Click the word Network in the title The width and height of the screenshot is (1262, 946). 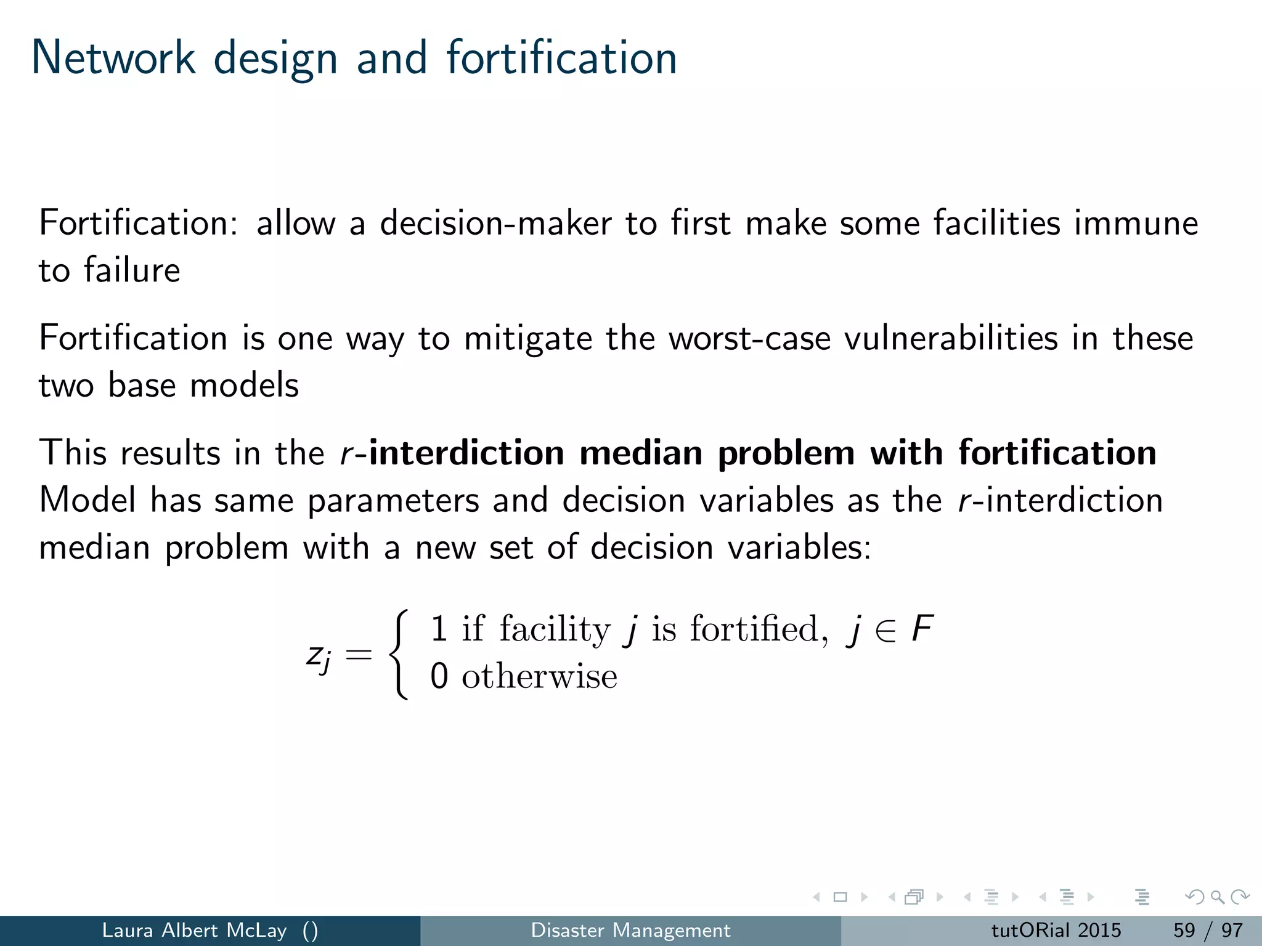(113, 58)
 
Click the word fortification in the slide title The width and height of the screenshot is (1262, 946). (561, 58)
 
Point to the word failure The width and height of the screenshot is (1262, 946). (132, 270)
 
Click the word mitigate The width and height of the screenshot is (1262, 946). (528, 338)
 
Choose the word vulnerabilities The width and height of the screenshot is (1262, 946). (950, 338)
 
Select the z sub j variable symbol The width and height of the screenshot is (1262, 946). (319, 657)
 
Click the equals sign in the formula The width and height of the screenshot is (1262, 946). (359, 654)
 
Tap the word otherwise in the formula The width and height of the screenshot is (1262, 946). (539, 676)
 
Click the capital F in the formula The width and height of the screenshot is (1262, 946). (922, 629)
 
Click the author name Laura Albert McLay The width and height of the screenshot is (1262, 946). (194, 930)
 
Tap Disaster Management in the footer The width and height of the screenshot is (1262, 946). (630, 930)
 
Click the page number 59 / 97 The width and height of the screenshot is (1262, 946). (1208, 930)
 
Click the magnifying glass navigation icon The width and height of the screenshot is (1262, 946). (1217, 897)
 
